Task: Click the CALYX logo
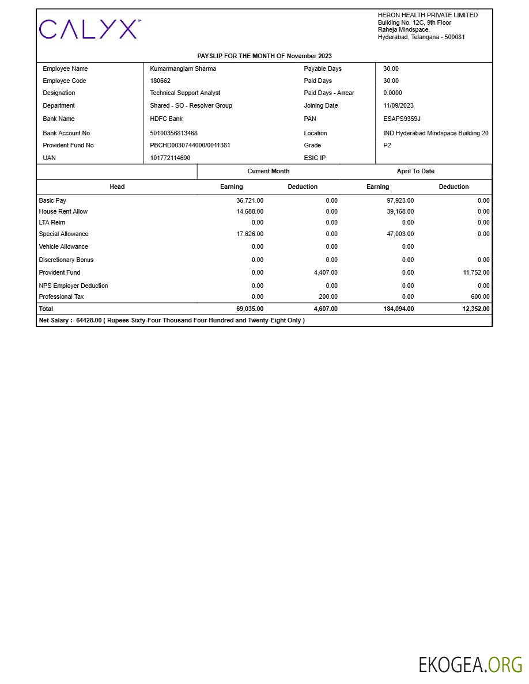(89, 29)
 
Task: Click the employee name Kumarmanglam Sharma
(183, 69)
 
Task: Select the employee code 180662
(160, 81)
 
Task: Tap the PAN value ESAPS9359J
(402, 119)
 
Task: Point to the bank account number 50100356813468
(173, 133)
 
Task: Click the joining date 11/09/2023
(398, 105)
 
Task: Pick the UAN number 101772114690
(170, 158)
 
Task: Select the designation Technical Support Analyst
(185, 93)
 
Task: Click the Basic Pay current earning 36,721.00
(250, 200)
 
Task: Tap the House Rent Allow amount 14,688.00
(250, 211)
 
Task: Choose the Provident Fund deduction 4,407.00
(326, 272)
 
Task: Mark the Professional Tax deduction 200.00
(328, 297)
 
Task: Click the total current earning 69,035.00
(250, 309)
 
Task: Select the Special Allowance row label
(63, 234)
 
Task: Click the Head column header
(117, 187)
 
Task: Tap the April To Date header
(415, 171)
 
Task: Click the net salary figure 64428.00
(89, 320)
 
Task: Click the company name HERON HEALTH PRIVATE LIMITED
(428, 15)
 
